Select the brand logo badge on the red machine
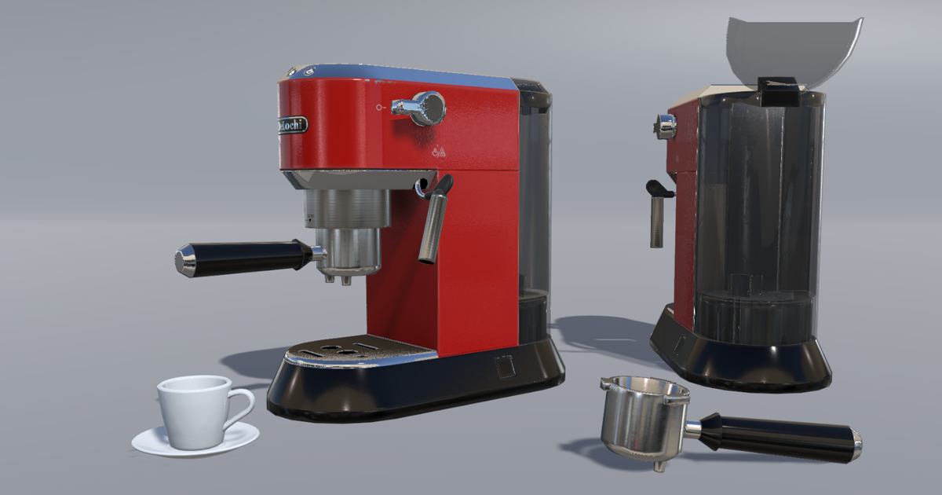click(291, 126)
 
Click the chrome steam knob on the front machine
click(428, 108)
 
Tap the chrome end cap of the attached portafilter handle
click(185, 260)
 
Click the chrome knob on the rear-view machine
click(666, 126)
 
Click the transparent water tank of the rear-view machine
click(758, 212)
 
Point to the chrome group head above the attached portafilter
click(348, 211)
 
